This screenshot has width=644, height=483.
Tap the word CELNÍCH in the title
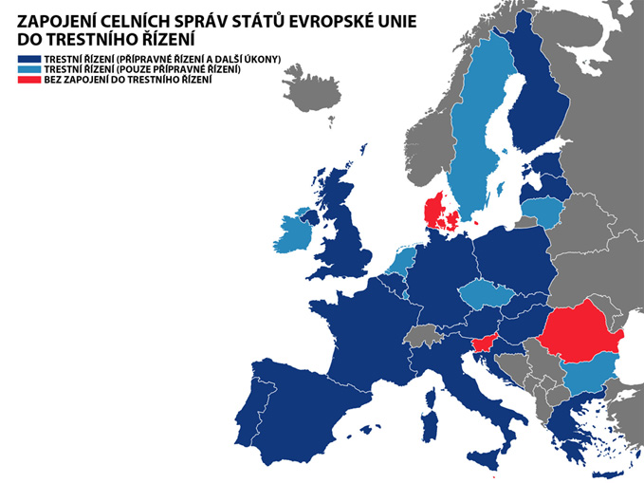pos(156,21)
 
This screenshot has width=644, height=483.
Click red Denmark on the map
pos(438,214)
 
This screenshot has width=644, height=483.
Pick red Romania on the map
pos(580,332)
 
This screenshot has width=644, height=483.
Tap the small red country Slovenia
pos(486,344)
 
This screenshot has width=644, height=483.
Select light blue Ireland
pos(297,231)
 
